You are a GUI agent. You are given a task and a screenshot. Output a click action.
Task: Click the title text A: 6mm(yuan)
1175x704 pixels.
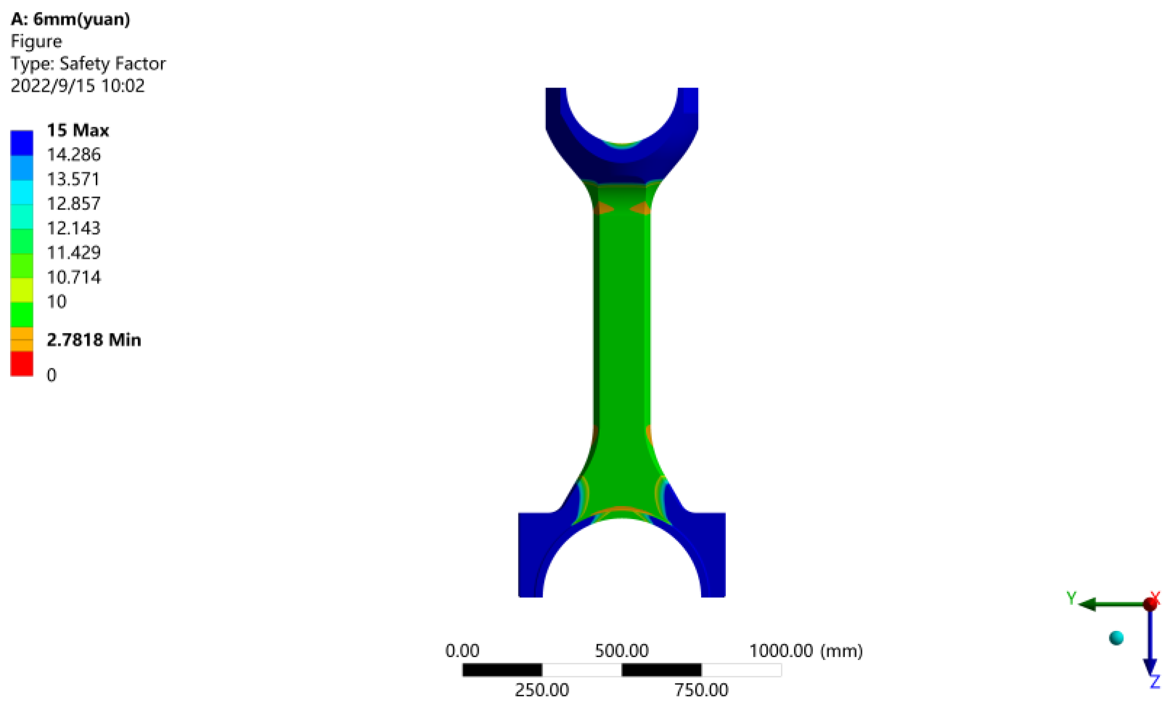(71, 19)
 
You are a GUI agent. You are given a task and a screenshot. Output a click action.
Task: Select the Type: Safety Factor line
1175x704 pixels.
(88, 64)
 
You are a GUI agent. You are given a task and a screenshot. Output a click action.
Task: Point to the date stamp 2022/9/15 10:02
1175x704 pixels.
(77, 86)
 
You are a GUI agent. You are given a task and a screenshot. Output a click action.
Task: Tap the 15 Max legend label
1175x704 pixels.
(78, 130)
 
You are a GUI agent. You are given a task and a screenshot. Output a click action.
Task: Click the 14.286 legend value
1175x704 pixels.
(73, 155)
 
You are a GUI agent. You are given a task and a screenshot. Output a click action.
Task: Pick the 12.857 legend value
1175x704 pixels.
(73, 204)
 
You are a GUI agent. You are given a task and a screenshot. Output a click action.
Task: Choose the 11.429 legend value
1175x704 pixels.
(73, 253)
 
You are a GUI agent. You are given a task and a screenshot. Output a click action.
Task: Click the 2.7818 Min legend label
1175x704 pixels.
(94, 340)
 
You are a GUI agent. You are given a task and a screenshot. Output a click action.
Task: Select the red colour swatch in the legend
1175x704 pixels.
(22, 364)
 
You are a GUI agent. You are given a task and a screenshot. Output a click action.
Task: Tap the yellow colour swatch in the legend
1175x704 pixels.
(22, 290)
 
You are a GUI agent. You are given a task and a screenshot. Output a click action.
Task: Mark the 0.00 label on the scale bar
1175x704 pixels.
(462, 651)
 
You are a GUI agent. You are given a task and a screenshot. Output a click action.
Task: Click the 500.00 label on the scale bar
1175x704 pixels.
(622, 651)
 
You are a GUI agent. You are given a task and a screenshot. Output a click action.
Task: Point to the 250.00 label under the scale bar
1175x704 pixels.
(542, 690)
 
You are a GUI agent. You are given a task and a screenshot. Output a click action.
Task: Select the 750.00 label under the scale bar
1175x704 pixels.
(701, 690)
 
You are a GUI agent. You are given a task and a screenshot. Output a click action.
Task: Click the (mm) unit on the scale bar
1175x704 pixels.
(842, 651)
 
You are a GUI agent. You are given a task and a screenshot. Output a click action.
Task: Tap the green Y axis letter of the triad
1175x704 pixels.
(1072, 598)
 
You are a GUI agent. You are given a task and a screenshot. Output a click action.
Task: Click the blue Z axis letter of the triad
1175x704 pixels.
(1155, 682)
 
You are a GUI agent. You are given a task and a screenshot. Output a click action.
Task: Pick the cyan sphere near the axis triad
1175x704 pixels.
(1116, 638)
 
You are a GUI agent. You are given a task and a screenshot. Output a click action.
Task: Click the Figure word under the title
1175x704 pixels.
(36, 42)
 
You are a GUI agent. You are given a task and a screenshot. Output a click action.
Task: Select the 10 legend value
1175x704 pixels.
(57, 302)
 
